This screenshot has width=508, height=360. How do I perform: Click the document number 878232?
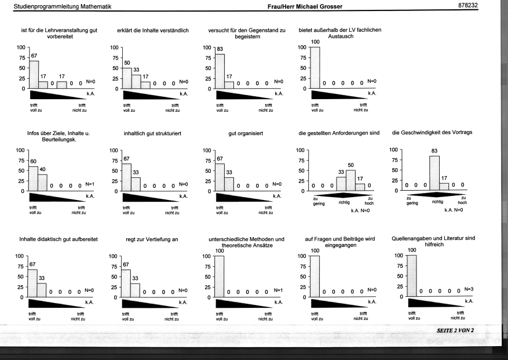pos(468,6)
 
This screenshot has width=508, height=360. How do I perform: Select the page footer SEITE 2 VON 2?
pos(455,330)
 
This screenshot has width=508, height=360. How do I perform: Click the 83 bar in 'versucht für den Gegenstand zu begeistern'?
pos(220,71)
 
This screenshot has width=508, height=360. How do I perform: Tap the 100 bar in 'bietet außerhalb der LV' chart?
pos(315,68)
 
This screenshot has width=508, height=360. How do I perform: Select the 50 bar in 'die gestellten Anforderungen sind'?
pos(350,180)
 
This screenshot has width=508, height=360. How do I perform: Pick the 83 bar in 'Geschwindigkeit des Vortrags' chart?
pos(434,173)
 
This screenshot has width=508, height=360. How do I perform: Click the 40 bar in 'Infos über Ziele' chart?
pos(42,183)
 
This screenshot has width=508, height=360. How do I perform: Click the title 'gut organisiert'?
pos(246,133)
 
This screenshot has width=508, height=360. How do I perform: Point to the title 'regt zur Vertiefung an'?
pos(152,239)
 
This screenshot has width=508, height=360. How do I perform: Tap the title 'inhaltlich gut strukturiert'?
pos(152,133)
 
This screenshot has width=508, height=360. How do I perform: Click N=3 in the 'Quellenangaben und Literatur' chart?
pos(469,289)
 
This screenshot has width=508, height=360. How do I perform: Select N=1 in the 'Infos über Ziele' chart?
pos(90,184)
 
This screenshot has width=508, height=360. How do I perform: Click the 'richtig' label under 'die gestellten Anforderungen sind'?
pos(344,202)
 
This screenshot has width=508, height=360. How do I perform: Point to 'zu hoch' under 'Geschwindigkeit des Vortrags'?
pos(463,200)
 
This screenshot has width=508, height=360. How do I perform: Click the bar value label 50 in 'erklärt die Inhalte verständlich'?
pos(127,63)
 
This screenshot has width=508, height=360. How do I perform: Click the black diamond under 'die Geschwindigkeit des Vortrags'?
pos(437,195)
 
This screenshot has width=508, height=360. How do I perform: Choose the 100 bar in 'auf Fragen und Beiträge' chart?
pos(315,277)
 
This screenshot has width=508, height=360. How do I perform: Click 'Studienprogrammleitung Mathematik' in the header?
pos(63,6)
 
